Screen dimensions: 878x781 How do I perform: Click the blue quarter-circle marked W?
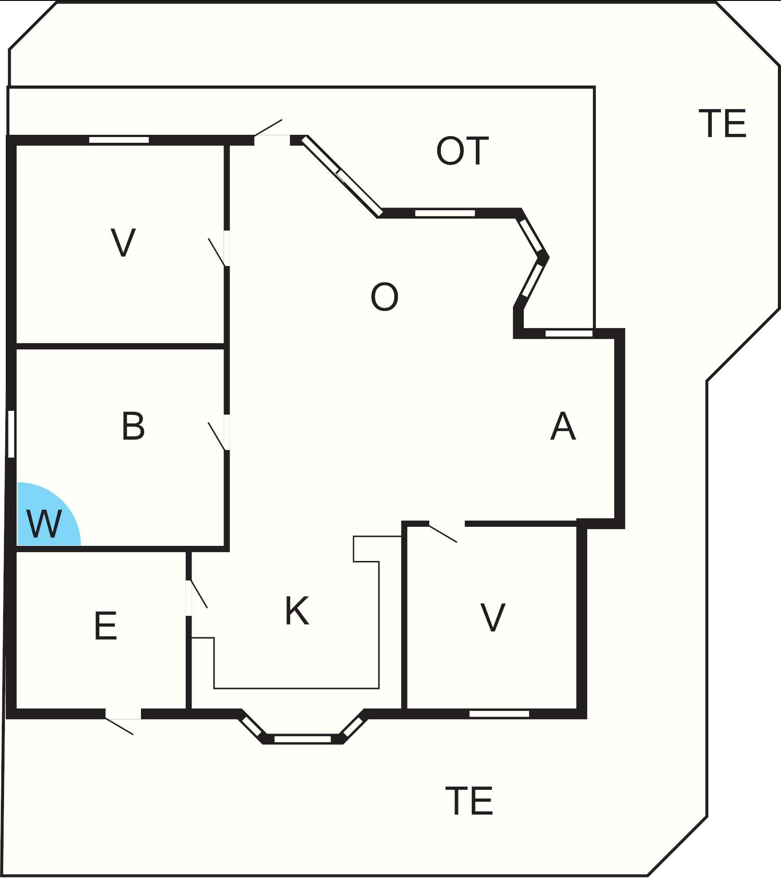click(x=44, y=519)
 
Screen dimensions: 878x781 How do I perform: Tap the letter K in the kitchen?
click(x=297, y=611)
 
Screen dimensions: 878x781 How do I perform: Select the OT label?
click(x=463, y=151)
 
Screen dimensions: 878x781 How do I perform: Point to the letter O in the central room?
click(x=384, y=297)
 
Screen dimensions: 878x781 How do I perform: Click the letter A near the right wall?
click(x=563, y=426)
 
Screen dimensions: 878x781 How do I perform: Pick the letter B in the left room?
click(x=133, y=426)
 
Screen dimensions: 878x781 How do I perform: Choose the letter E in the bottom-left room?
click(x=106, y=626)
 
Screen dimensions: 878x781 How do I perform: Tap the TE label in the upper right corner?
click(x=722, y=124)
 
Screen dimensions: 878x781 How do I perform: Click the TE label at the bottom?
click(x=469, y=801)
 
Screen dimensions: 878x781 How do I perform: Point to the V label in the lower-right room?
click(x=493, y=618)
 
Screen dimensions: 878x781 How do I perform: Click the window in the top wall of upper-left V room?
click(x=119, y=140)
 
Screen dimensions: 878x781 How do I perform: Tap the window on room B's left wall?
click(x=12, y=434)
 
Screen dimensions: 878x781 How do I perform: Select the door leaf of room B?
click(x=216, y=436)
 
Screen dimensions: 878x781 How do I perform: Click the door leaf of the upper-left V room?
click(x=216, y=252)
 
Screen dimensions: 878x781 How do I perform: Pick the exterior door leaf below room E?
click(x=119, y=726)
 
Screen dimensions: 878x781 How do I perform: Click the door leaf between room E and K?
click(x=199, y=594)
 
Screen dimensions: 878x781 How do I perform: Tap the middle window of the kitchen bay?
click(x=302, y=739)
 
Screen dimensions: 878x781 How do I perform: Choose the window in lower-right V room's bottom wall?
click(x=499, y=713)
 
